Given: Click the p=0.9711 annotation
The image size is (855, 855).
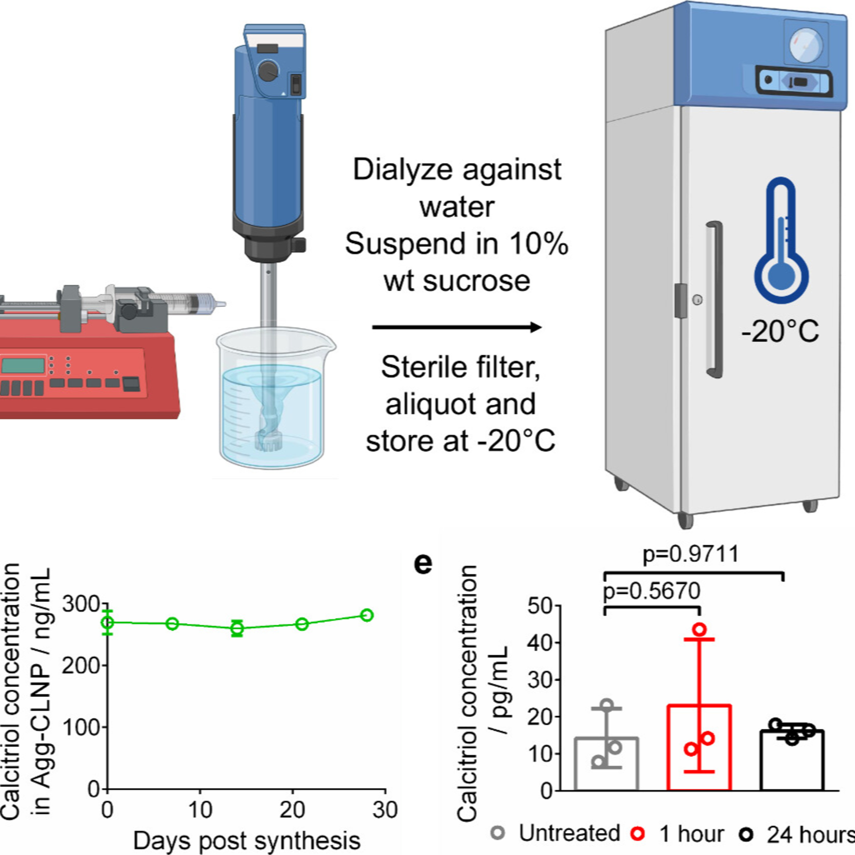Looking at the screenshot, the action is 691,554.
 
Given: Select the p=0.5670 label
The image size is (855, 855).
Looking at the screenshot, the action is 652,591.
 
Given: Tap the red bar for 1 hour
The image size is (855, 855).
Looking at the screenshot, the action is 699,748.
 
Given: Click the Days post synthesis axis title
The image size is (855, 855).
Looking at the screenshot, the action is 247,840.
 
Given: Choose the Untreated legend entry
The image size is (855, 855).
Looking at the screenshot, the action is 556,833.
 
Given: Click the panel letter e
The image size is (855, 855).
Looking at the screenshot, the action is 423,564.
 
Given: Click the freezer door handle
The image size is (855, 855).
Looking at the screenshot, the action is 714,300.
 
